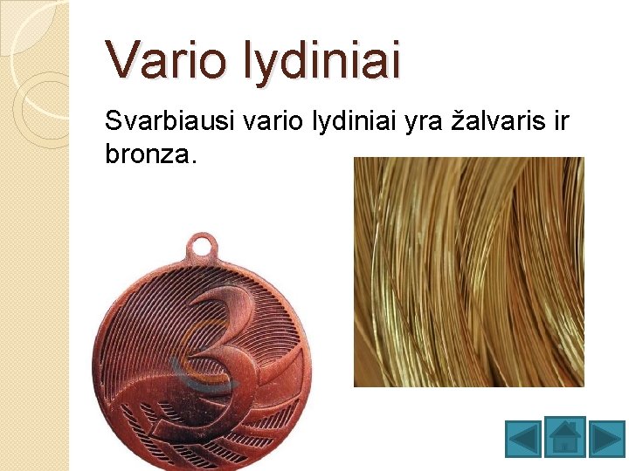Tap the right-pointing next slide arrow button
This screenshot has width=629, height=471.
click(606, 438)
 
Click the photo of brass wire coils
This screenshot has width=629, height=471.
click(468, 271)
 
